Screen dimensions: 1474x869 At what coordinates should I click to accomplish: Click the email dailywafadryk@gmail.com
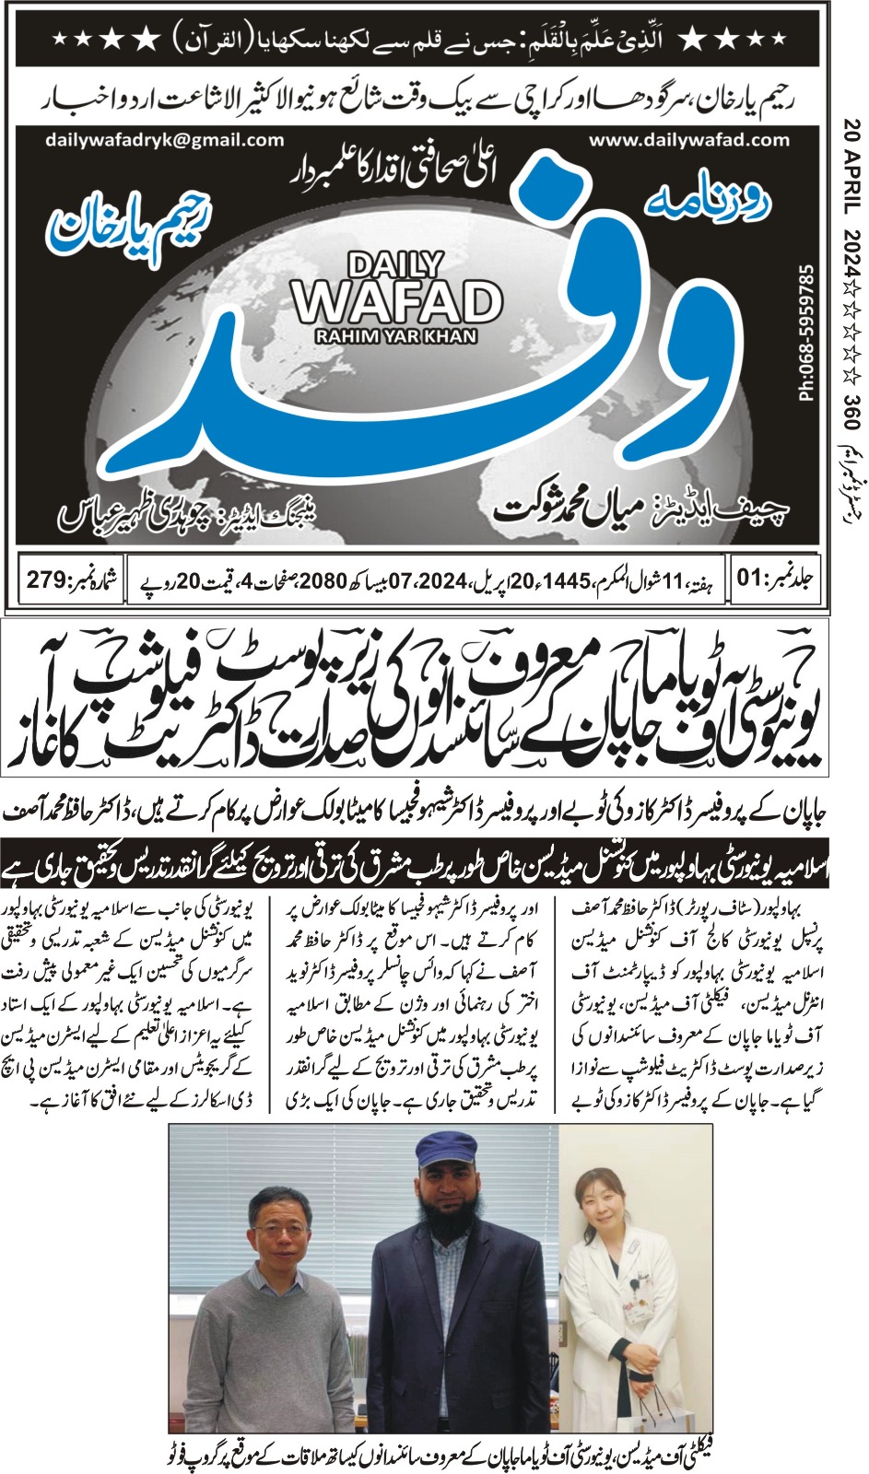164,140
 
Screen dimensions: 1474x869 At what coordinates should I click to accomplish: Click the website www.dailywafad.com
689,140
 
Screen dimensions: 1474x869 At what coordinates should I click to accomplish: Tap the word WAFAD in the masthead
396,301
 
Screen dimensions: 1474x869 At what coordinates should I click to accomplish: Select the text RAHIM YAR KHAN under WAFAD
396,336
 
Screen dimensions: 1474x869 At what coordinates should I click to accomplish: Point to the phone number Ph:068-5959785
807,333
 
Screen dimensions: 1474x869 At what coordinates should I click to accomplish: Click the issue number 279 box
70,580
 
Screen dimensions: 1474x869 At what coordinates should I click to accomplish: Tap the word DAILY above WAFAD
395,265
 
